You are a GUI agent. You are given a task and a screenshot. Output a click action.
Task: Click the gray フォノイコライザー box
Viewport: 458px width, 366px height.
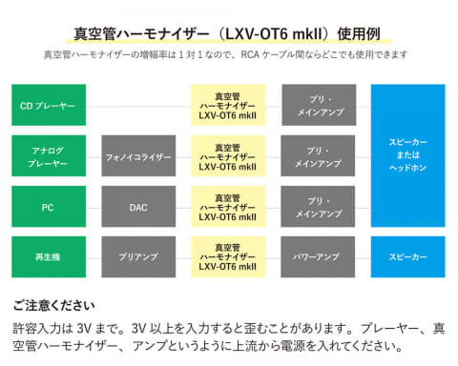coord(138,155)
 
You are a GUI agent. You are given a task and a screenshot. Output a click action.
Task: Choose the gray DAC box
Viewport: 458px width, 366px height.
coord(138,206)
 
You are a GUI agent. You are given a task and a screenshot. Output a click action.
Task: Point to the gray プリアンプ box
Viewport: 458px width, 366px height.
coord(138,256)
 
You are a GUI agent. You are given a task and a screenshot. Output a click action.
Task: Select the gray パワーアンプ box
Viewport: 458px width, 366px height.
coord(319,256)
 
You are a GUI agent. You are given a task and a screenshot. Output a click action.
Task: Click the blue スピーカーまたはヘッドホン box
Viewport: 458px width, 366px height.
coord(408,154)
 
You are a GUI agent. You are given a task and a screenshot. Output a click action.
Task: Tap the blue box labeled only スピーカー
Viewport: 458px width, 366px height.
coord(408,256)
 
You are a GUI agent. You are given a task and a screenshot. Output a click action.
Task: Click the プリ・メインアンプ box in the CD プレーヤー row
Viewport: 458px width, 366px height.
coord(319,104)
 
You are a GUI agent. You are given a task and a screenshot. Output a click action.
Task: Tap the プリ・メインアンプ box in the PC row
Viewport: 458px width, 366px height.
coord(319,206)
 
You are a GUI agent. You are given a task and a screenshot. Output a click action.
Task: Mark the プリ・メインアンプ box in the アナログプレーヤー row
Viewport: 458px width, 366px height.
coord(319,155)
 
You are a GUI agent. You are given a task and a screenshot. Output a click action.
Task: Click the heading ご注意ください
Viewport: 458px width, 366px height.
coord(53,307)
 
